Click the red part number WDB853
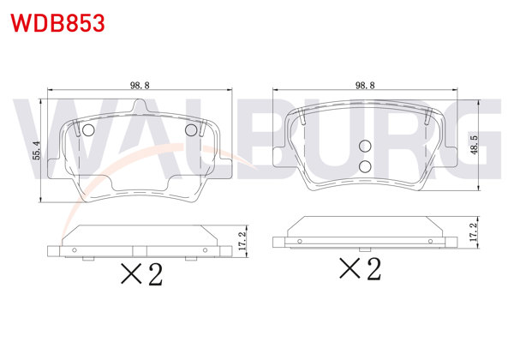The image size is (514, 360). point(59,22)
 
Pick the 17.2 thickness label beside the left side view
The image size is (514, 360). point(242,239)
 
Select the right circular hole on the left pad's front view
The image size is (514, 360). point(191,129)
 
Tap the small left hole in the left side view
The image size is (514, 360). point(75,249)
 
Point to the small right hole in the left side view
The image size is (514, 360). point(205,249)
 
